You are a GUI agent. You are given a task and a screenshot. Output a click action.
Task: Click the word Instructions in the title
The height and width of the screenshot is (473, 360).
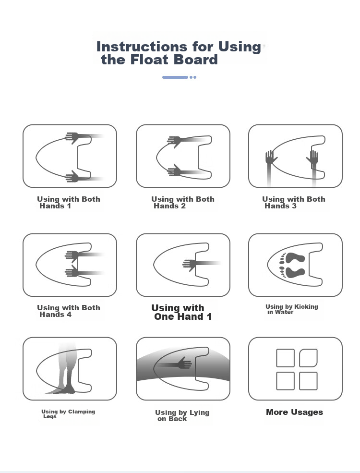(142, 47)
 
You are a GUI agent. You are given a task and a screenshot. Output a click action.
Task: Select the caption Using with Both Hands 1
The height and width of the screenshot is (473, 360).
(69, 203)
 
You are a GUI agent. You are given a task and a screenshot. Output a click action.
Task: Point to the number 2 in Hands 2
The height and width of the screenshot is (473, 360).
(183, 206)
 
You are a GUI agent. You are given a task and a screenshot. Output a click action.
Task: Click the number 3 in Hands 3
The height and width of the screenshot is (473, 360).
(294, 206)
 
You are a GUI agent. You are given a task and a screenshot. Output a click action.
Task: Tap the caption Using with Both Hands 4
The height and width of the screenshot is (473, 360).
(69, 311)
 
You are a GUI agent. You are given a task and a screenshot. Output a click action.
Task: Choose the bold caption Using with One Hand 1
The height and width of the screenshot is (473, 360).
(181, 312)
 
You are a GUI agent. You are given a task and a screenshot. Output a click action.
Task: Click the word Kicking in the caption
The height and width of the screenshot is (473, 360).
(306, 307)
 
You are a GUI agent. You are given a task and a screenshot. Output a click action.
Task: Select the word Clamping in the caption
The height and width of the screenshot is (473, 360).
(82, 412)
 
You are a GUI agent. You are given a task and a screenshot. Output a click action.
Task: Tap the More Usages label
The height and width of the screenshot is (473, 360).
(294, 412)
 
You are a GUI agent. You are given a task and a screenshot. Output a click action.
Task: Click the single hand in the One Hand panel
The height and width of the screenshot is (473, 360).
(190, 265)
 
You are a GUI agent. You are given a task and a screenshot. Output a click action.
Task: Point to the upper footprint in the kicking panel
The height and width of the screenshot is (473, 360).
(295, 258)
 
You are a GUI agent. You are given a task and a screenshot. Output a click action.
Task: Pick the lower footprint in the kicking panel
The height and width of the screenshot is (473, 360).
(295, 272)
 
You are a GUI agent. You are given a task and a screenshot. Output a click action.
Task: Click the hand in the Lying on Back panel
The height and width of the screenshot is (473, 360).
(184, 363)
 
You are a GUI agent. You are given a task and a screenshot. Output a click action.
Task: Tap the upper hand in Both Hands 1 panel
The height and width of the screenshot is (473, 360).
(72, 137)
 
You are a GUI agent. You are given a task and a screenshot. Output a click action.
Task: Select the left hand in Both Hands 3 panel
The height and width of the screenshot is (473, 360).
(271, 158)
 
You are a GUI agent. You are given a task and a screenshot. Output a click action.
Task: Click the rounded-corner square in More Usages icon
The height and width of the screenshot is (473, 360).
(308, 358)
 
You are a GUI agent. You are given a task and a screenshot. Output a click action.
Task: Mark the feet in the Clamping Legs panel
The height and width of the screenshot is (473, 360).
(62, 390)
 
